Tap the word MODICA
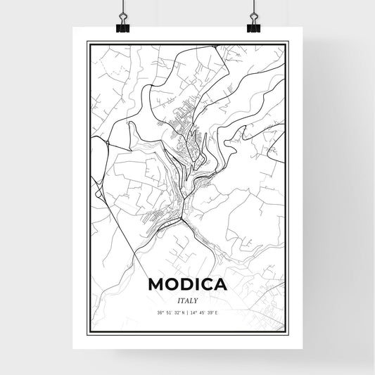pyautogui.click(x=187, y=284)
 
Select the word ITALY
pyautogui.click(x=187, y=300)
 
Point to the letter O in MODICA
pyautogui.click(x=174, y=284)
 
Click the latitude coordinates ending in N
pyautogui.click(x=170, y=312)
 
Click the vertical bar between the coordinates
pyautogui.click(x=187, y=312)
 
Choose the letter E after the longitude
pyautogui.click(x=217, y=312)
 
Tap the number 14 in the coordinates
pyautogui.click(x=193, y=312)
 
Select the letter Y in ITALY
pyautogui.click(x=196, y=300)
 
